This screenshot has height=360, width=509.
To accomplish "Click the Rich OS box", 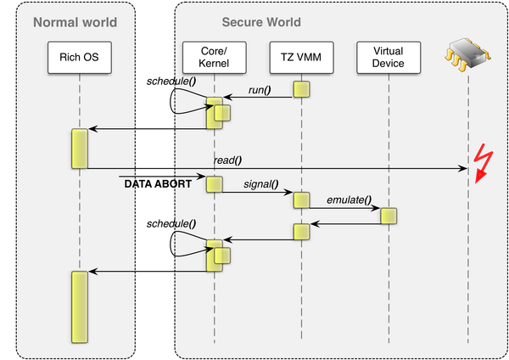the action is [x=80, y=57].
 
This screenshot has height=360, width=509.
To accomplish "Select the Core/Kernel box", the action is [x=215, y=57].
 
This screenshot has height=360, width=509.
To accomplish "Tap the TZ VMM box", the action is [x=301, y=57].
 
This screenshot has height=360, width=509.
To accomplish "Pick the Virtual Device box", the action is [x=389, y=57].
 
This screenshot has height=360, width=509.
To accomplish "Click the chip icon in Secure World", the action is [x=467, y=54].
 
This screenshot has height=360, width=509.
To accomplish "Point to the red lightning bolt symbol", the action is [x=483, y=163].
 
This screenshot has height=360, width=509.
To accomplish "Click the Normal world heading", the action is [x=75, y=22].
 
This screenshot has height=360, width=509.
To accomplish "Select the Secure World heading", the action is [x=261, y=22].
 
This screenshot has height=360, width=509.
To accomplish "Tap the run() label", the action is [x=260, y=90].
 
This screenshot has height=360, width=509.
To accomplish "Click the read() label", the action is [x=227, y=160].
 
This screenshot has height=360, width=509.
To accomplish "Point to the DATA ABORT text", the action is [x=158, y=184].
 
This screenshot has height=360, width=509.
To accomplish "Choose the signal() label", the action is [x=261, y=184].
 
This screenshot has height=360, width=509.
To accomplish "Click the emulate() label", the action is [x=349, y=200].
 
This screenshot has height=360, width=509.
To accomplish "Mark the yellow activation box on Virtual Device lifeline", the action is [x=389, y=216].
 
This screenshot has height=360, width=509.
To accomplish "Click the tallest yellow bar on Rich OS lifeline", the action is [x=80, y=307].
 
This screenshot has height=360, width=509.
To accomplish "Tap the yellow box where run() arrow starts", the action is [x=301, y=89].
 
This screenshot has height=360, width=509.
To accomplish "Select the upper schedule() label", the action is [x=171, y=82].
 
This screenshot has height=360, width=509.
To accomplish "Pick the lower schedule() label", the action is [x=171, y=223].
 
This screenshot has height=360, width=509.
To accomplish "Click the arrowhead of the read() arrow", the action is [x=462, y=168].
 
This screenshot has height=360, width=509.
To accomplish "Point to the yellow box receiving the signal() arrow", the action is [x=301, y=200].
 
